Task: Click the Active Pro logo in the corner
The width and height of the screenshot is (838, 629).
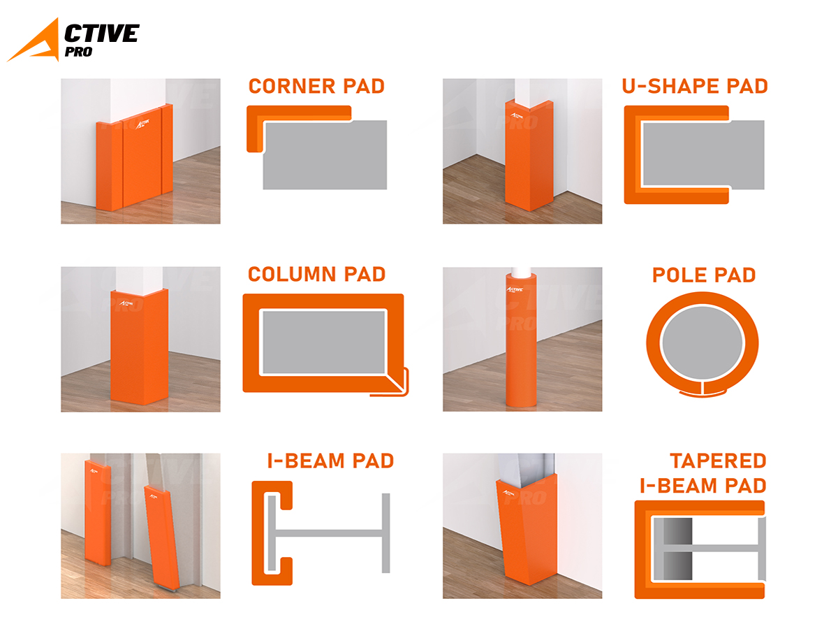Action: coord(73,40)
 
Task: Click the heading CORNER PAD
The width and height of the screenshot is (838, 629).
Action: coord(316,86)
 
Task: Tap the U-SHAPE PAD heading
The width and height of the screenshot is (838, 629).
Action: coord(694,86)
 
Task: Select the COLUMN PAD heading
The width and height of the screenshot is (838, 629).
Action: coord(316,274)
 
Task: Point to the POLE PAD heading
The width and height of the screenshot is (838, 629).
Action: coord(704,275)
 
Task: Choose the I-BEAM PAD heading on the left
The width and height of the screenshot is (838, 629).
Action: coord(330,461)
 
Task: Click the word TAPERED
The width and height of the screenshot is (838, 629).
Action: coord(718,461)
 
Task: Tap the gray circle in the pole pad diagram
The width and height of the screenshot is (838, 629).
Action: coord(703,343)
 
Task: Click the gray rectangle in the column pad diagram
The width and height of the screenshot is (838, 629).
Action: coord(324,342)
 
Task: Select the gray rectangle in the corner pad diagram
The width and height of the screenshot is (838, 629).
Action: coord(325,155)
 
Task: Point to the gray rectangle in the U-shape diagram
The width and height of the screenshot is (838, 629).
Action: coord(704,155)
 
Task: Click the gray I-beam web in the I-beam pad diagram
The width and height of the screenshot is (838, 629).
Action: coord(329,533)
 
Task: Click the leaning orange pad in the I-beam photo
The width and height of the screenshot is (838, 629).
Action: coord(162,537)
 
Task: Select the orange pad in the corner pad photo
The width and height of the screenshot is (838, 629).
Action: coord(134,157)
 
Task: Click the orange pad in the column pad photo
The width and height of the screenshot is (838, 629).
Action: coord(140,347)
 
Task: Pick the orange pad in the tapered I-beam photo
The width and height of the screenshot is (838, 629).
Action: coord(527,530)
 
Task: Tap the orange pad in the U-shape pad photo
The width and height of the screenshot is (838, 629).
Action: coord(529,155)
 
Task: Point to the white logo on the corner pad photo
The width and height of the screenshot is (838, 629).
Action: coord(142,124)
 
